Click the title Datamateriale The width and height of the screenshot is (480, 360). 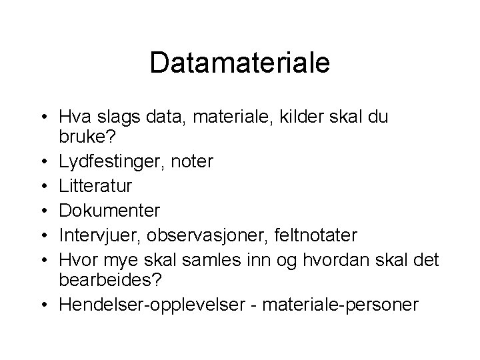pos(240,62)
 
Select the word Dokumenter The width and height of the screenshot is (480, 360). pos(109,211)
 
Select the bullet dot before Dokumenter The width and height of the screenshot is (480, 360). pos(45,211)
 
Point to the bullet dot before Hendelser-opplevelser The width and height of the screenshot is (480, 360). pos(45,305)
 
